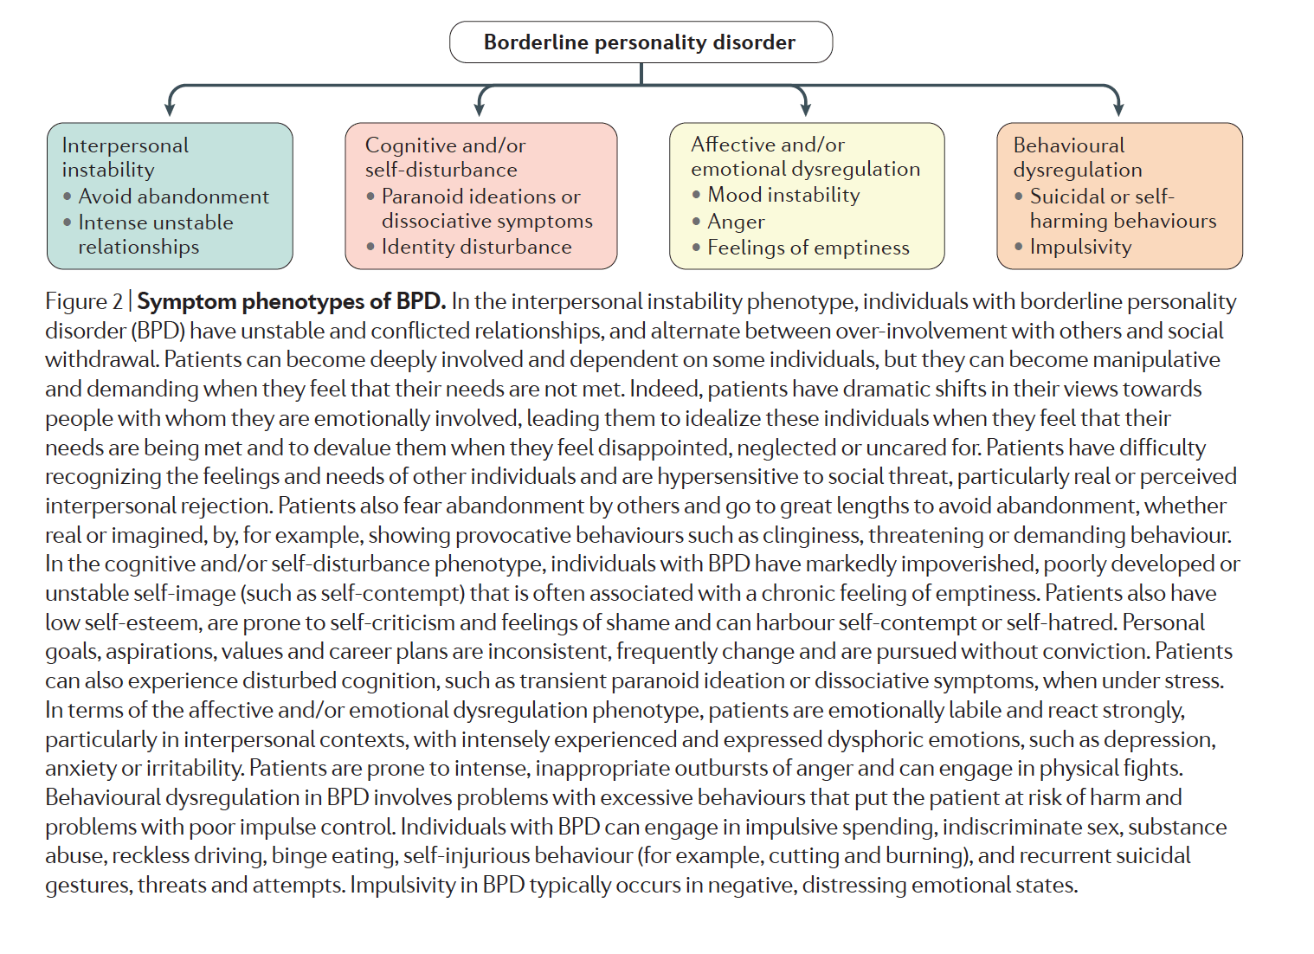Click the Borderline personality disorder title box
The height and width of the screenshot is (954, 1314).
point(641,42)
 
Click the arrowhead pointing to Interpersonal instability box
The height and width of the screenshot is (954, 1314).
point(170,109)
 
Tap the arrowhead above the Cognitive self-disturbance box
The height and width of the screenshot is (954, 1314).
point(480,109)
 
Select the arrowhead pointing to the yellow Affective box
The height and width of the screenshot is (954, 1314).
point(805,109)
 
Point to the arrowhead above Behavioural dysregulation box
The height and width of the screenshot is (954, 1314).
point(1118,109)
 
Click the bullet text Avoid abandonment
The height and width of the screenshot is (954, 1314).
point(173,197)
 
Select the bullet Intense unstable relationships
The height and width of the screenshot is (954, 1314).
point(156,235)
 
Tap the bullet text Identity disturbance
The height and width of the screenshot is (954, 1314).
point(476,247)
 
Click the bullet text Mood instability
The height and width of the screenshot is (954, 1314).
point(783,195)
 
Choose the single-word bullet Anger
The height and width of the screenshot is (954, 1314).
point(736,222)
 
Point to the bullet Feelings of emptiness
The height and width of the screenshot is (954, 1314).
point(808,248)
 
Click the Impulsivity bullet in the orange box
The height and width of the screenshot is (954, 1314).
point(1080,247)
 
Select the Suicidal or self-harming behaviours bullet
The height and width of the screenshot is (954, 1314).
point(1122,209)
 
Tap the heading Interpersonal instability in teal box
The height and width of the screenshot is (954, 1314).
point(125,158)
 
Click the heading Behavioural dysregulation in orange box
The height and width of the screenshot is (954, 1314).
point(1077,158)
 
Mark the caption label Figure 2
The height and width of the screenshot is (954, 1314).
point(84,301)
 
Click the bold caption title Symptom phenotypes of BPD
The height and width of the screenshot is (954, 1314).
point(291,301)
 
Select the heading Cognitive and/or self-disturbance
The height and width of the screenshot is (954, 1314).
point(445,158)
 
